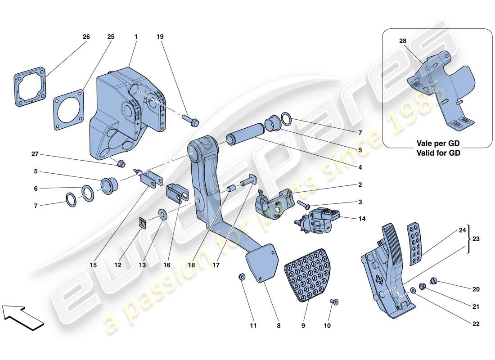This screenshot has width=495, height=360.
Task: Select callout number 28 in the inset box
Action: (x=401, y=41)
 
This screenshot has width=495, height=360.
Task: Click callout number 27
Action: (x=35, y=154)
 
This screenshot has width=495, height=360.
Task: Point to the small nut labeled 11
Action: (x=242, y=277)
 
